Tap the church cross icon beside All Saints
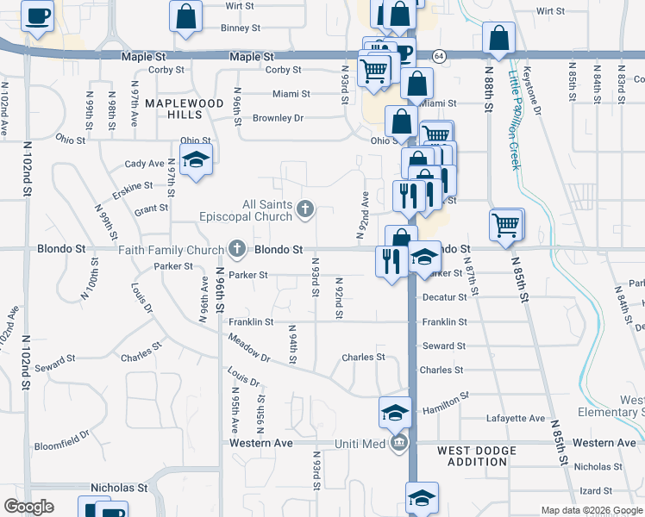[304, 208]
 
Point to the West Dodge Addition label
[477, 456]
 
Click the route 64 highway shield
[439, 56]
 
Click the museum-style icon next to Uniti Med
[399, 444]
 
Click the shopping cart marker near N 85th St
[505, 225]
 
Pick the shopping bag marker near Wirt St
[186, 16]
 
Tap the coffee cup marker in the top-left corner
[37, 16]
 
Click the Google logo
[28, 507]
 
